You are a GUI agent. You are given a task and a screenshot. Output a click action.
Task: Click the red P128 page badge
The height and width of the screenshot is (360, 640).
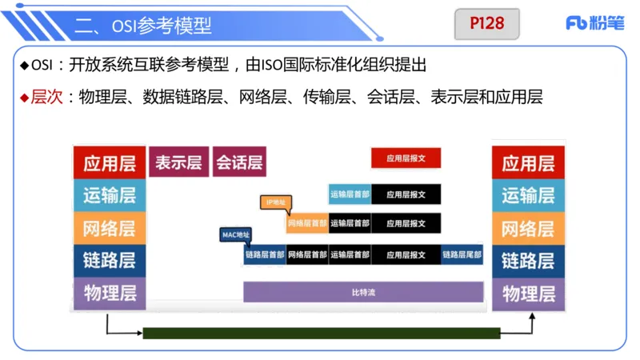[487, 24]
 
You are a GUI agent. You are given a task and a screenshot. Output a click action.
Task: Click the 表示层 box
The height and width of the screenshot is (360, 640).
[178, 162]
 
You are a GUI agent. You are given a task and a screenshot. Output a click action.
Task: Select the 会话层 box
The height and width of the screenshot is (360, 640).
[239, 162]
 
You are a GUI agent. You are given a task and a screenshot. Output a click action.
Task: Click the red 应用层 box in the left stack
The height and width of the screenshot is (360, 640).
[110, 163]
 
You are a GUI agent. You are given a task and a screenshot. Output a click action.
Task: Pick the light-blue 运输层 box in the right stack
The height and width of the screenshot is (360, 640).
[528, 195]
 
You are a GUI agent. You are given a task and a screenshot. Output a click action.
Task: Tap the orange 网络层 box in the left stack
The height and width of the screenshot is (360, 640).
[110, 228]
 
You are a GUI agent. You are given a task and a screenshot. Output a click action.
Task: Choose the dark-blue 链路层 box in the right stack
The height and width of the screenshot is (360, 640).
[528, 260]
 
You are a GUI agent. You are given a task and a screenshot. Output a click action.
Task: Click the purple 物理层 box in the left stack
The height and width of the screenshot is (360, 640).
[110, 293]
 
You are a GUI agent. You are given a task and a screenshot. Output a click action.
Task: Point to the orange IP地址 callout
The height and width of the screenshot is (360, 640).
[274, 202]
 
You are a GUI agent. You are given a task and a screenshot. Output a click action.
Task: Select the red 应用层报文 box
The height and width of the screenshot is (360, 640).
[406, 158]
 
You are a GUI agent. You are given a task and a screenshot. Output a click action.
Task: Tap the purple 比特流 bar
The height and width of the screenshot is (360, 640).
[363, 292]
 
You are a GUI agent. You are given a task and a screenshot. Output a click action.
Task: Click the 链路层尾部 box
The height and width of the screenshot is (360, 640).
[462, 255]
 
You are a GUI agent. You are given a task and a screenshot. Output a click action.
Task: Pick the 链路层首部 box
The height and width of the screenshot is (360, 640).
[265, 255]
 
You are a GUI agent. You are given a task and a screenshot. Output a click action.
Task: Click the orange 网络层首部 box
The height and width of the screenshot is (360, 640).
[307, 223]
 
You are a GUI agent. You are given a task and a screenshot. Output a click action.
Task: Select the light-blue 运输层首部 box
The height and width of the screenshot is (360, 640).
[350, 193]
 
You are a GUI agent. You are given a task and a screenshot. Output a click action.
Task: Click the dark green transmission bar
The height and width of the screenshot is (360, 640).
[321, 333]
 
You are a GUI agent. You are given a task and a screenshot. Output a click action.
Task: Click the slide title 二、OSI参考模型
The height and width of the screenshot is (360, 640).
[144, 25]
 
